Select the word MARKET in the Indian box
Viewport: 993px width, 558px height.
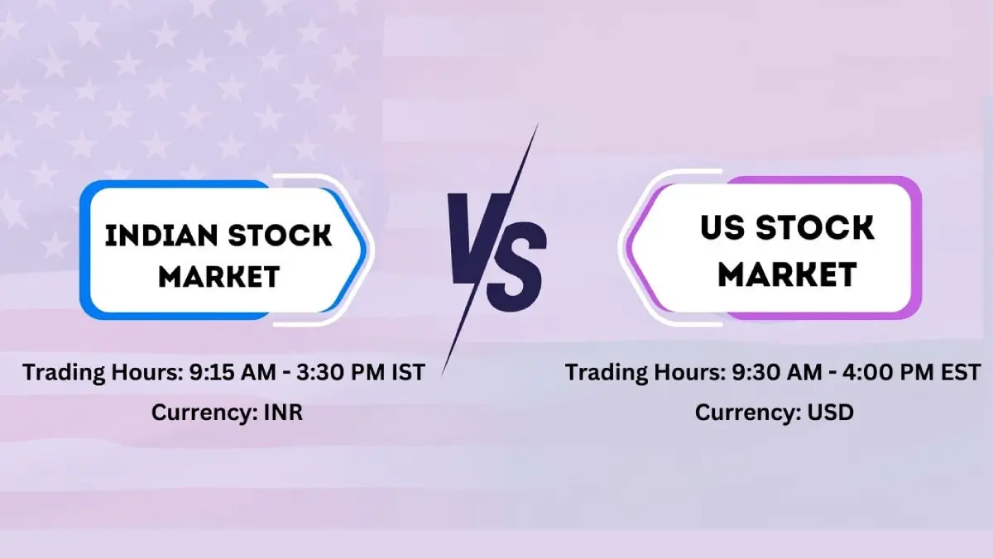(219, 276)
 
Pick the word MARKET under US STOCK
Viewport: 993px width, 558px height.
(786, 274)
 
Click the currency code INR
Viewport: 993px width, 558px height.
(283, 412)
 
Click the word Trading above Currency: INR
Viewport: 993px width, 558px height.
(63, 373)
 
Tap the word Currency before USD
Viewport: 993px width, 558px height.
(747, 412)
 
